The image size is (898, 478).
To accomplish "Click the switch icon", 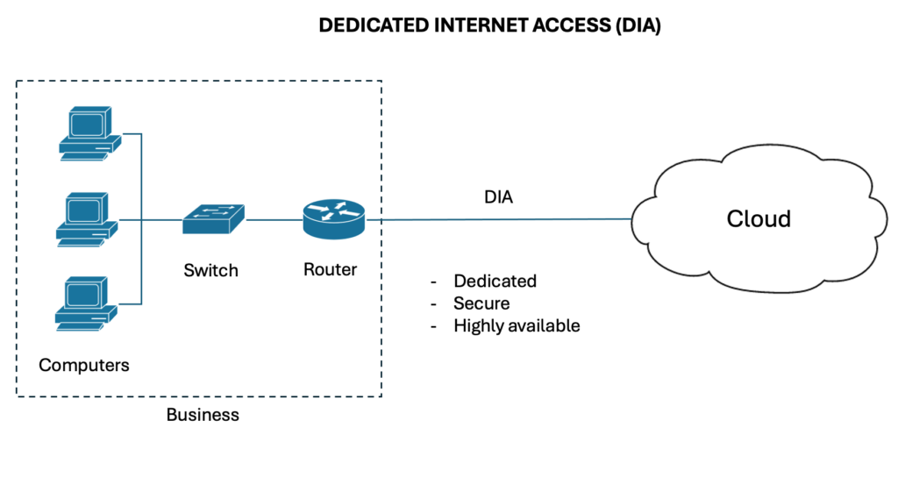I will (x=213, y=219).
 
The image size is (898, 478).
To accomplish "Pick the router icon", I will (x=333, y=218).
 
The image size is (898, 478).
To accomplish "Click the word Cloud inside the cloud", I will (x=759, y=218).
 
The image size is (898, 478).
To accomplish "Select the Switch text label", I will (x=210, y=270).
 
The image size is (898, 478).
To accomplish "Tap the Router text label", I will (x=330, y=269).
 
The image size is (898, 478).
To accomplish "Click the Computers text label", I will (x=84, y=365).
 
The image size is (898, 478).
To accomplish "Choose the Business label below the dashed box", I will (x=203, y=414).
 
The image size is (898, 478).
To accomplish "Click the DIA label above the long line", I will (x=498, y=198).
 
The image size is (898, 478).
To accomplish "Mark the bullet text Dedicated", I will (x=495, y=282).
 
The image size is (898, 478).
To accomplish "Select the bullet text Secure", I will (x=481, y=303).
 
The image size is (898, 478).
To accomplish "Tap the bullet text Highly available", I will (x=517, y=325).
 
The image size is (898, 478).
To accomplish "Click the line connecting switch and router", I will (x=274, y=219).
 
